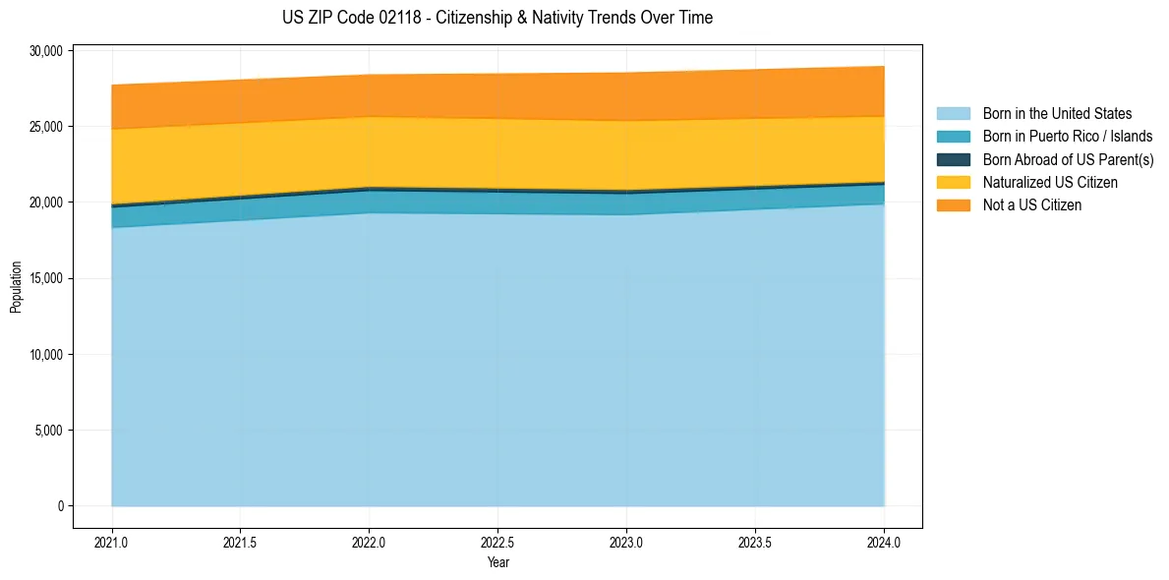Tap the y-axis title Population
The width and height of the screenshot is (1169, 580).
16,287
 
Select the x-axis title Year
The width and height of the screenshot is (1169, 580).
497,562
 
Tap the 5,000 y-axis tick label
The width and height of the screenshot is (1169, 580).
47,430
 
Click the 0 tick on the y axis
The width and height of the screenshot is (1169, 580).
60,505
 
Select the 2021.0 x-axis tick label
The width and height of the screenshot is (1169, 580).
112,542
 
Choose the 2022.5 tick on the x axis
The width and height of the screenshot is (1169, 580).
497,542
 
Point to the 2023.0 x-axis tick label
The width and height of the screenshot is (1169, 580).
626,542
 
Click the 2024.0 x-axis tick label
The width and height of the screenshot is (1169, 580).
884,542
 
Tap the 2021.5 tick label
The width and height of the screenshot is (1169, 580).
241,542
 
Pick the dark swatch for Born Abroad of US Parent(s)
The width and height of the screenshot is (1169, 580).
953,159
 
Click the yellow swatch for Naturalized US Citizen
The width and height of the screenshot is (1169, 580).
953,183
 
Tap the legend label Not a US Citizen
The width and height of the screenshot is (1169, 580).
1031,205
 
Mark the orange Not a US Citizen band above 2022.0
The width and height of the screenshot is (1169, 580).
369,95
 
